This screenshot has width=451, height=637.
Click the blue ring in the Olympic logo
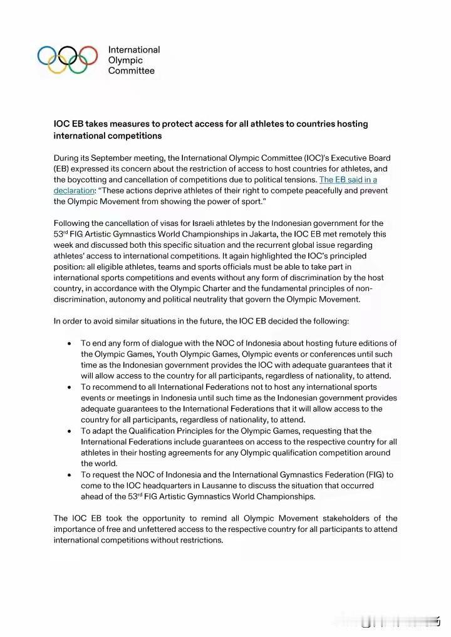[48, 55]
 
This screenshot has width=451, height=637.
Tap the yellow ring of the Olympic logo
[58, 64]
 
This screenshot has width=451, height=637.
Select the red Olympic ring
[88, 55]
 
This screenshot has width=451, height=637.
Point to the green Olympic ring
[78, 64]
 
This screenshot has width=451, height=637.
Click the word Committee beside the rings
[132, 71]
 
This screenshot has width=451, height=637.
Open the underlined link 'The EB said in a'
[348, 180]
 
